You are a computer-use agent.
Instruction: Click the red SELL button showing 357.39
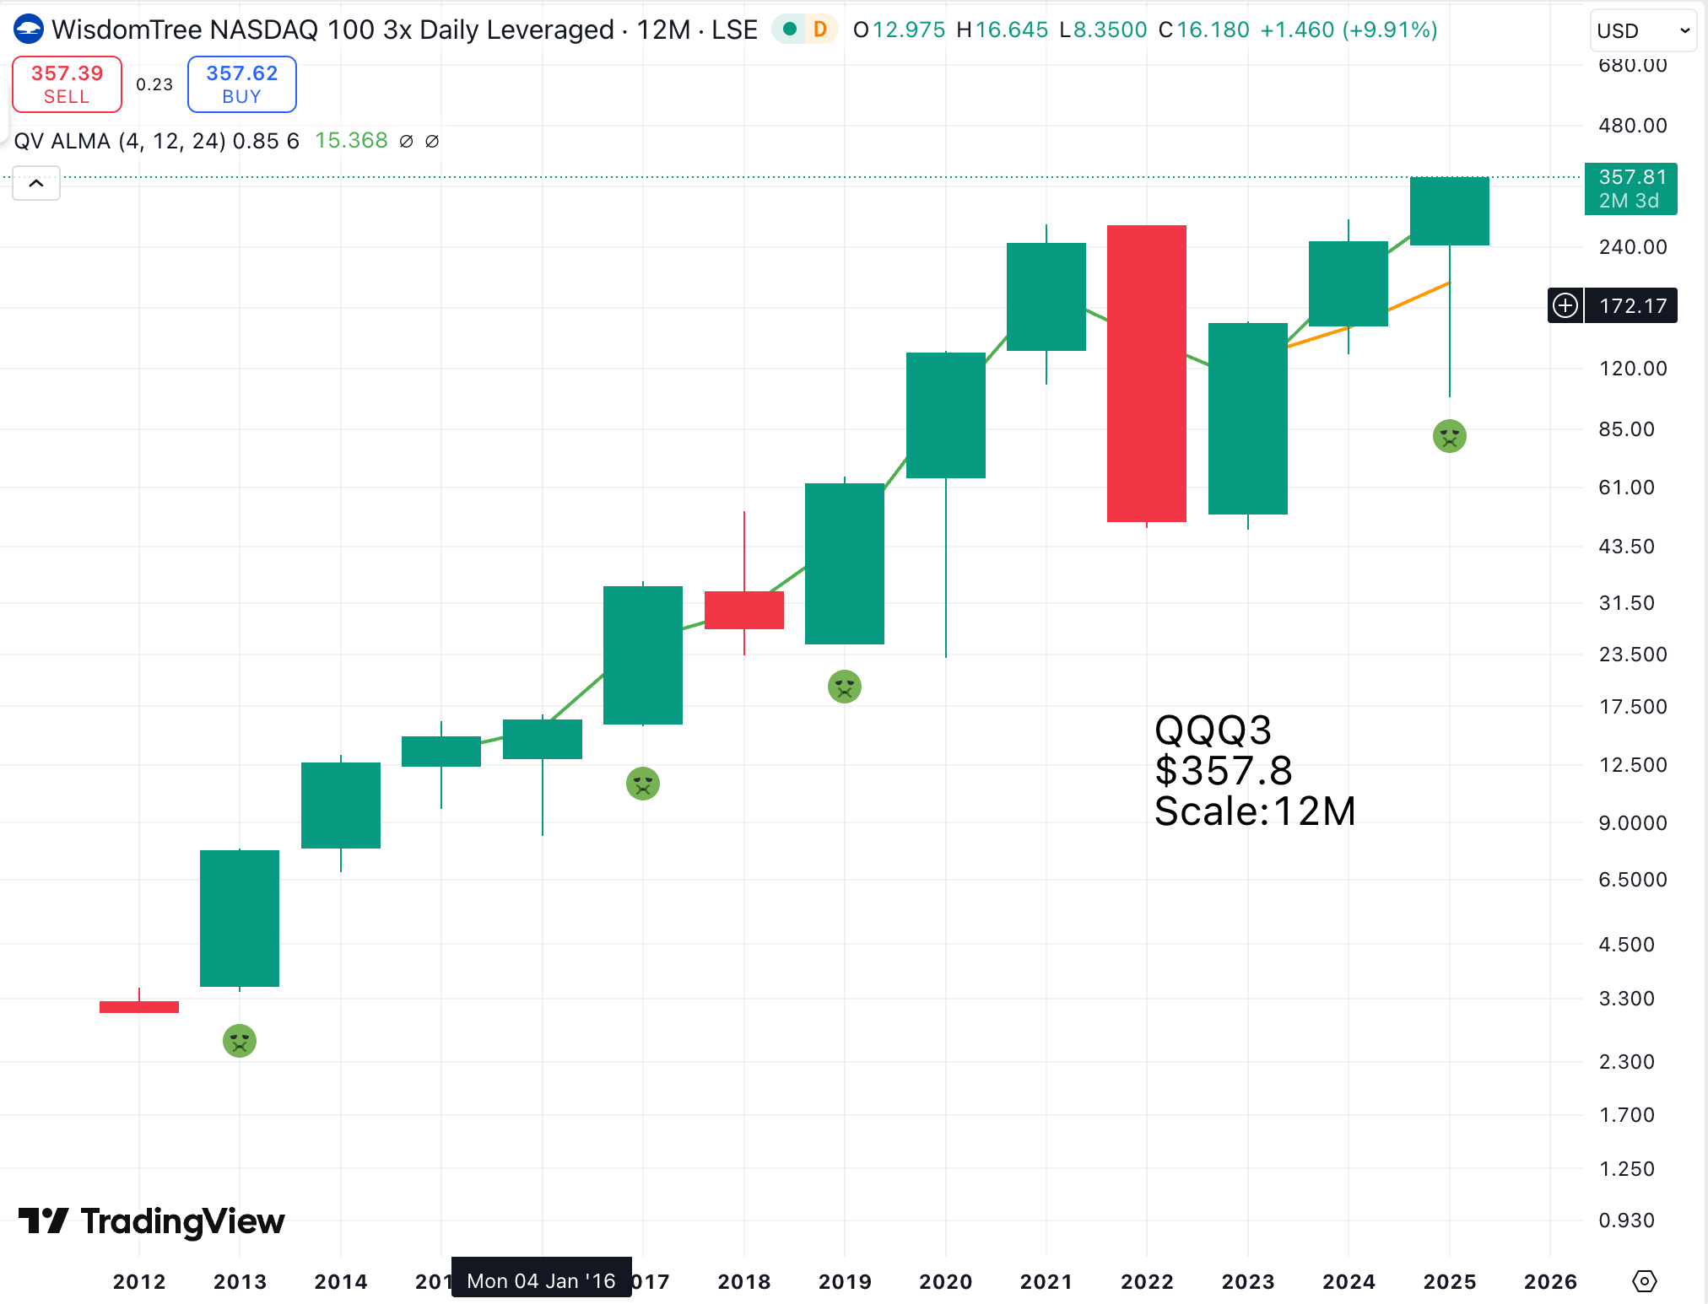pos(67,84)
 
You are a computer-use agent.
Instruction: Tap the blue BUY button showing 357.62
pos(241,84)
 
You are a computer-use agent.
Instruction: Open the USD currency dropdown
pos(1642,31)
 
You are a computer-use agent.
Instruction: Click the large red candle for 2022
pos(1146,373)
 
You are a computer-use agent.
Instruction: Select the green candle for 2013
pos(240,918)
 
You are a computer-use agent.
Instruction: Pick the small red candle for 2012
pos(139,1006)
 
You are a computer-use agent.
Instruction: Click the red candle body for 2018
pos(743,610)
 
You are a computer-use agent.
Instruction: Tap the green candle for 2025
pos(1449,211)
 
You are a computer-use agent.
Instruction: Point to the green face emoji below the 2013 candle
pos(240,1041)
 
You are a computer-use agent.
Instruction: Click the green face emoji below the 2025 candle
pos(1449,436)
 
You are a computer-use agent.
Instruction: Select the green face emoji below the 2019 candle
pos(844,687)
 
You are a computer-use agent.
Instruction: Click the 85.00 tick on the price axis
pos(1626,429)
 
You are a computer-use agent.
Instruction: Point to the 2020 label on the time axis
pos(945,1281)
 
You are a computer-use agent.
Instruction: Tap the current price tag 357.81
pos(1630,189)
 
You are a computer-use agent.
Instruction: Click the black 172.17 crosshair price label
pos(1632,305)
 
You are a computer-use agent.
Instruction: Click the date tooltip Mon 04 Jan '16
pos(541,1280)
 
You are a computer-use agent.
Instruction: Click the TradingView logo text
pos(182,1220)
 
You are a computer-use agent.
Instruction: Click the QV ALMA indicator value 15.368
pos(351,141)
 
